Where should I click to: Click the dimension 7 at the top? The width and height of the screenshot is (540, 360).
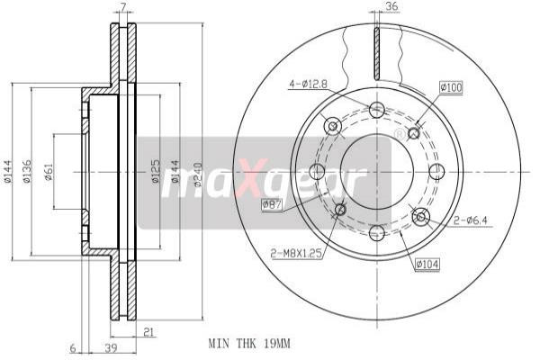pos(123,8)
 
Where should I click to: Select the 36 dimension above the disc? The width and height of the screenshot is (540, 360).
pos(391,8)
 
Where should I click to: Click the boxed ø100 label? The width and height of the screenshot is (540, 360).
pos(450,87)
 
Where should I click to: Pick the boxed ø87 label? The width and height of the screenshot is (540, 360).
pos(273,205)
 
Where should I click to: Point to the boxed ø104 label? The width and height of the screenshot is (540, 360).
pos(427,264)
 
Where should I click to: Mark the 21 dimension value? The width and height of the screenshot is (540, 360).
pos(148,332)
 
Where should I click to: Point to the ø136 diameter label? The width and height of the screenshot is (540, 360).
pos(28,172)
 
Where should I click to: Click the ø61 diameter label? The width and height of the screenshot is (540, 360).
pos(49,172)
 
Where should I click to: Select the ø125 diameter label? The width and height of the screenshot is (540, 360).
pos(155,172)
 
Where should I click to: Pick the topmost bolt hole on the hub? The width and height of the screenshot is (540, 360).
pos(376,110)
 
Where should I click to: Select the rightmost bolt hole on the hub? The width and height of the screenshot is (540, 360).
pos(436,171)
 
